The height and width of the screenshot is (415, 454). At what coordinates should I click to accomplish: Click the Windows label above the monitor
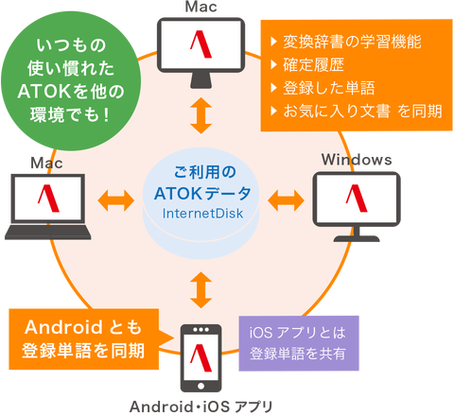(x=357, y=160)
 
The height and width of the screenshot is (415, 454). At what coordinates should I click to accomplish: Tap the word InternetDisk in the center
(x=202, y=214)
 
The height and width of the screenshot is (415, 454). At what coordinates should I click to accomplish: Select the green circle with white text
(x=71, y=80)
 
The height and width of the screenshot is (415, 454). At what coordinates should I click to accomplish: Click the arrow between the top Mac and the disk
(x=201, y=115)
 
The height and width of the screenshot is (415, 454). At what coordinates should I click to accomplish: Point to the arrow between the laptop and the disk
(x=116, y=200)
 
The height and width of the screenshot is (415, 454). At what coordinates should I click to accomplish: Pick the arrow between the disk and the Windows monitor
(x=286, y=200)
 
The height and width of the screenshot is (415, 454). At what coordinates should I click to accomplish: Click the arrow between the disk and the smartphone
(x=201, y=290)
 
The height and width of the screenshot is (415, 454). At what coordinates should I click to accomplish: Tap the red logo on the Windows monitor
(x=357, y=199)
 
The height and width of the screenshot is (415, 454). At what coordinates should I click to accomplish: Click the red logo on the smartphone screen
(x=201, y=357)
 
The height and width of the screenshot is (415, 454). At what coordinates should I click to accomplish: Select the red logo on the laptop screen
(x=48, y=199)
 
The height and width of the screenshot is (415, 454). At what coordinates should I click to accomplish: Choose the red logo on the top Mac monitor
(x=201, y=44)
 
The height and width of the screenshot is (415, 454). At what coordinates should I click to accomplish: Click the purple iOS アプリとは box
(x=299, y=343)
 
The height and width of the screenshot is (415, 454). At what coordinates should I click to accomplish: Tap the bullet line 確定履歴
(x=307, y=65)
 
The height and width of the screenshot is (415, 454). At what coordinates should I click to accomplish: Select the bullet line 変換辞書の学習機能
(x=346, y=42)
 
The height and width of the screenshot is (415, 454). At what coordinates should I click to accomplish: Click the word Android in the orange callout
(x=63, y=327)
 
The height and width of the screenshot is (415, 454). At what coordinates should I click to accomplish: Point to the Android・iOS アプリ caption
(x=201, y=406)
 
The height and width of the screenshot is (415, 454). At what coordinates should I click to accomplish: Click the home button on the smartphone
(x=201, y=386)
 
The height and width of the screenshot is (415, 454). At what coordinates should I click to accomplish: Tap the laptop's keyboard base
(x=48, y=233)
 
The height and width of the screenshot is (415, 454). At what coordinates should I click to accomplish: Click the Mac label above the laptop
(x=46, y=163)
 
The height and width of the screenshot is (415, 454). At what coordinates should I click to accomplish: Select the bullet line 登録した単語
(x=323, y=88)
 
